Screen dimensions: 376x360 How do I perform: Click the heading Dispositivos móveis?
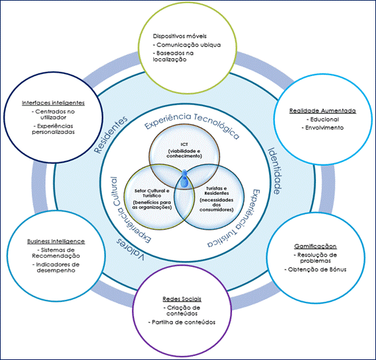[180, 36]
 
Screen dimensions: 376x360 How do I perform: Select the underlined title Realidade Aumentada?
[322, 111]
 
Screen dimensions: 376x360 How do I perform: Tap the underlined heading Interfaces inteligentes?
[54, 103]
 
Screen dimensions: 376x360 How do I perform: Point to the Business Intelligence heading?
[56, 241]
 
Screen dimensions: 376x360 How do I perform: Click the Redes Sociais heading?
[182, 299]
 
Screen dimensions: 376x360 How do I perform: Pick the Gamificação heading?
[315, 246]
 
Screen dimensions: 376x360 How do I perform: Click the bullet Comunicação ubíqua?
[187, 45]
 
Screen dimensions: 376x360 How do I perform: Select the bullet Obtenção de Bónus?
[316, 270]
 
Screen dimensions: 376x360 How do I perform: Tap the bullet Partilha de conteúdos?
[182, 322]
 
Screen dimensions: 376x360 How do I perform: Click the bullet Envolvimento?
[322, 127]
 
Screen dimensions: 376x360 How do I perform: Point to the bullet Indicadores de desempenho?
[56, 268]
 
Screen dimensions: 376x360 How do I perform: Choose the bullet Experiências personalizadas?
[54, 129]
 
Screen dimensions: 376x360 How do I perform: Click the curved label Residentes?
[110, 135]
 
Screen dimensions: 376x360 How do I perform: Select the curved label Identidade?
[274, 170]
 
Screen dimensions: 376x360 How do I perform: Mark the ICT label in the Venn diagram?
[184, 145]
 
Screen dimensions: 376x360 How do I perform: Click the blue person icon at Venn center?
[184, 179]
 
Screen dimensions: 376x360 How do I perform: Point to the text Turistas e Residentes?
[217, 191]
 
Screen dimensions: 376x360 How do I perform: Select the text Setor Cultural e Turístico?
[152, 193]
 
